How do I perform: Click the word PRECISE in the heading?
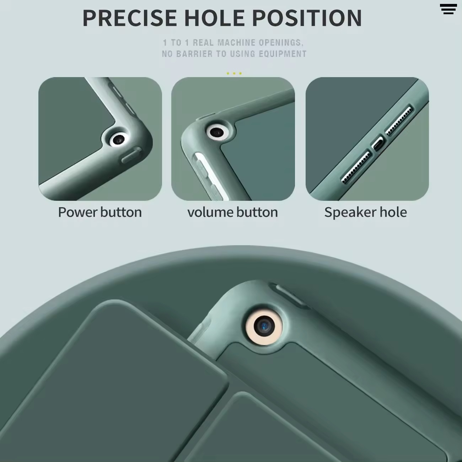coord(129,18)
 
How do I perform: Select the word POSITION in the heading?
coord(307,18)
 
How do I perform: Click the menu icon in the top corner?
coord(448,9)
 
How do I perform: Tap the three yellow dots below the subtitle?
coord(234,73)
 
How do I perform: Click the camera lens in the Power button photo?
coord(118,140)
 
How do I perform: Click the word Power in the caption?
coord(78,212)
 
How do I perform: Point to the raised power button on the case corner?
coord(131,155)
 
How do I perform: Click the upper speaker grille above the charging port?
coord(399,120)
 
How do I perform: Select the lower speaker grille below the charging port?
coord(356,167)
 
